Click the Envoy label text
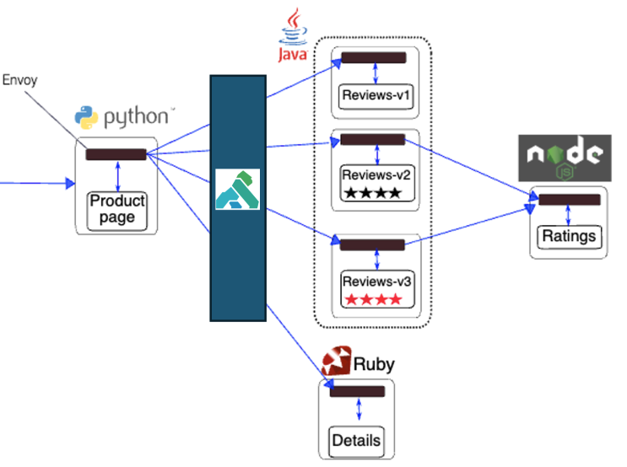[x=20, y=80]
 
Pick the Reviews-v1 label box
[x=376, y=94]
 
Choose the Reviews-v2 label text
[x=376, y=174]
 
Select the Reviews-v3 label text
[x=376, y=281]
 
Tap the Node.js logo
[x=565, y=157]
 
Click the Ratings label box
[x=569, y=235]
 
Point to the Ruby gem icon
[x=336, y=360]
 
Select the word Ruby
[x=374, y=364]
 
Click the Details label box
[x=355, y=439]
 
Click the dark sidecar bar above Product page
[x=116, y=154]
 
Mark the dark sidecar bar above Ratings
[x=570, y=200]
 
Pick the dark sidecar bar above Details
[x=357, y=391]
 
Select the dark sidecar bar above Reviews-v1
[x=372, y=58]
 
